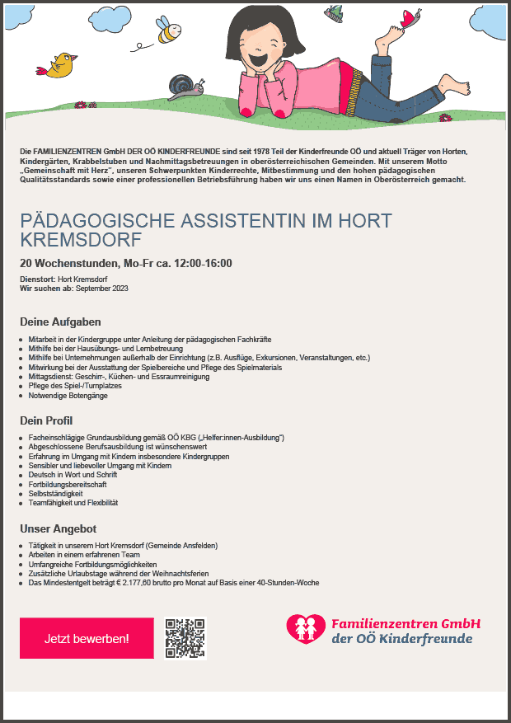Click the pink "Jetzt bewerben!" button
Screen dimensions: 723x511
(x=87, y=638)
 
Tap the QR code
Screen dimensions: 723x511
(x=185, y=638)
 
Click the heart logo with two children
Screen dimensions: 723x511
(x=306, y=630)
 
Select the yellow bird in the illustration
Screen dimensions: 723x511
(x=60, y=65)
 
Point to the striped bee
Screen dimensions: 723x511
(x=170, y=32)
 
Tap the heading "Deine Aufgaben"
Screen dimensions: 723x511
(x=60, y=322)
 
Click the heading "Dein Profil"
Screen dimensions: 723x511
(x=51, y=420)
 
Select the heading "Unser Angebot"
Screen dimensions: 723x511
(x=58, y=528)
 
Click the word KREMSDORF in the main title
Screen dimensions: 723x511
(x=81, y=240)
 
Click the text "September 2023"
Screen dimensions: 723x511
(x=103, y=289)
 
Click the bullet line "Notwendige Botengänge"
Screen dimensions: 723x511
(x=68, y=396)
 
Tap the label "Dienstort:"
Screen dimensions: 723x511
(x=35, y=279)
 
